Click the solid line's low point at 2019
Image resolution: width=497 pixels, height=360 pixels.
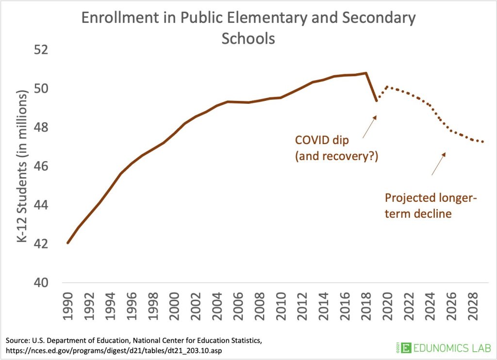[x=376, y=101]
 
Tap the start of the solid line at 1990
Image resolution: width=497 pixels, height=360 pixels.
[x=68, y=243]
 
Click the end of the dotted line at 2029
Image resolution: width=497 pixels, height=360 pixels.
[x=482, y=142]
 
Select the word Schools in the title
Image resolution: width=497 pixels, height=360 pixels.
[x=248, y=38]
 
